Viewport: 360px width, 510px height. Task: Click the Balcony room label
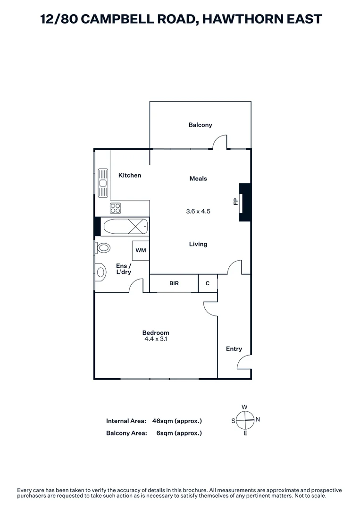tap(200, 125)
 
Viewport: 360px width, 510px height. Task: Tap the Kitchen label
tap(129, 175)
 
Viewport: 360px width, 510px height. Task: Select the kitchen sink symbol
tap(103, 182)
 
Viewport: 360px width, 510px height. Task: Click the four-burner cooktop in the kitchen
tap(116, 208)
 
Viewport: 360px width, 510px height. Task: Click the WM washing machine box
tap(141, 250)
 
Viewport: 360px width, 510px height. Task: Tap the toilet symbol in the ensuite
tap(103, 247)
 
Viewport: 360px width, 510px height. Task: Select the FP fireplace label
tap(235, 202)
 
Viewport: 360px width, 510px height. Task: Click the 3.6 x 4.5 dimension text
tap(198, 211)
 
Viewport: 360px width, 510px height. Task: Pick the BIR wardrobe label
tap(174, 283)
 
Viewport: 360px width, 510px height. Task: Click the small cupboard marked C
tap(207, 283)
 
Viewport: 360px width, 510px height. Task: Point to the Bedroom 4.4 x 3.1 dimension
tap(155, 339)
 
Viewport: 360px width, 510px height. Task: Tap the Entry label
tap(234, 349)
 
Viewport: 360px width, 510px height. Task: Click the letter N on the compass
tap(258, 419)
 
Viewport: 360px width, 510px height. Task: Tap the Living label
tap(198, 244)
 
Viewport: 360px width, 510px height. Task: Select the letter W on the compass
tap(244, 407)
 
